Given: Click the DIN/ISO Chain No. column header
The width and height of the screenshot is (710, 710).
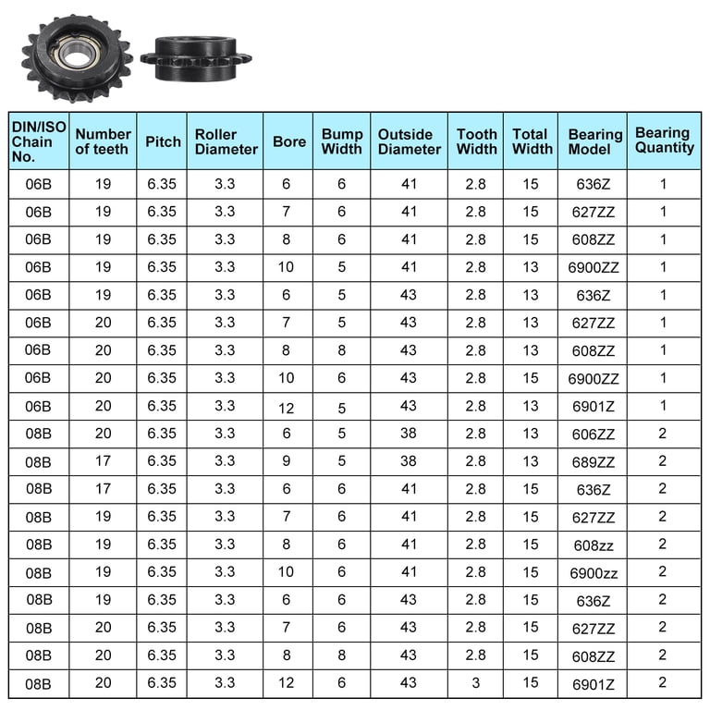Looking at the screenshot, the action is [x=39, y=141].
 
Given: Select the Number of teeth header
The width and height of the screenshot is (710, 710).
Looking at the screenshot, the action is [x=103, y=141].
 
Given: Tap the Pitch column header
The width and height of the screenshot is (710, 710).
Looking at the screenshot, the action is [x=163, y=141].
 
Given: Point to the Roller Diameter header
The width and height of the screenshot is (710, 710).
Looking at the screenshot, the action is [x=226, y=141].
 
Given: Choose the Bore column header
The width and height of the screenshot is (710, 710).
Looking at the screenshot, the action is [x=289, y=141].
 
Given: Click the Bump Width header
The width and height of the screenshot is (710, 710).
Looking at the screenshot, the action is [x=342, y=141].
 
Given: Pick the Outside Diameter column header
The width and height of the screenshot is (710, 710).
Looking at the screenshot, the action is [x=410, y=141].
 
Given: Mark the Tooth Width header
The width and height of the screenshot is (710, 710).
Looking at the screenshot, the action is [x=476, y=141].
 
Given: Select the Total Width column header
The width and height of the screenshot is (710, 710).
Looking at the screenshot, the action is [x=532, y=141].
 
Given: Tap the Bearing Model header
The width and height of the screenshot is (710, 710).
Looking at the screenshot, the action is [x=595, y=141].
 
